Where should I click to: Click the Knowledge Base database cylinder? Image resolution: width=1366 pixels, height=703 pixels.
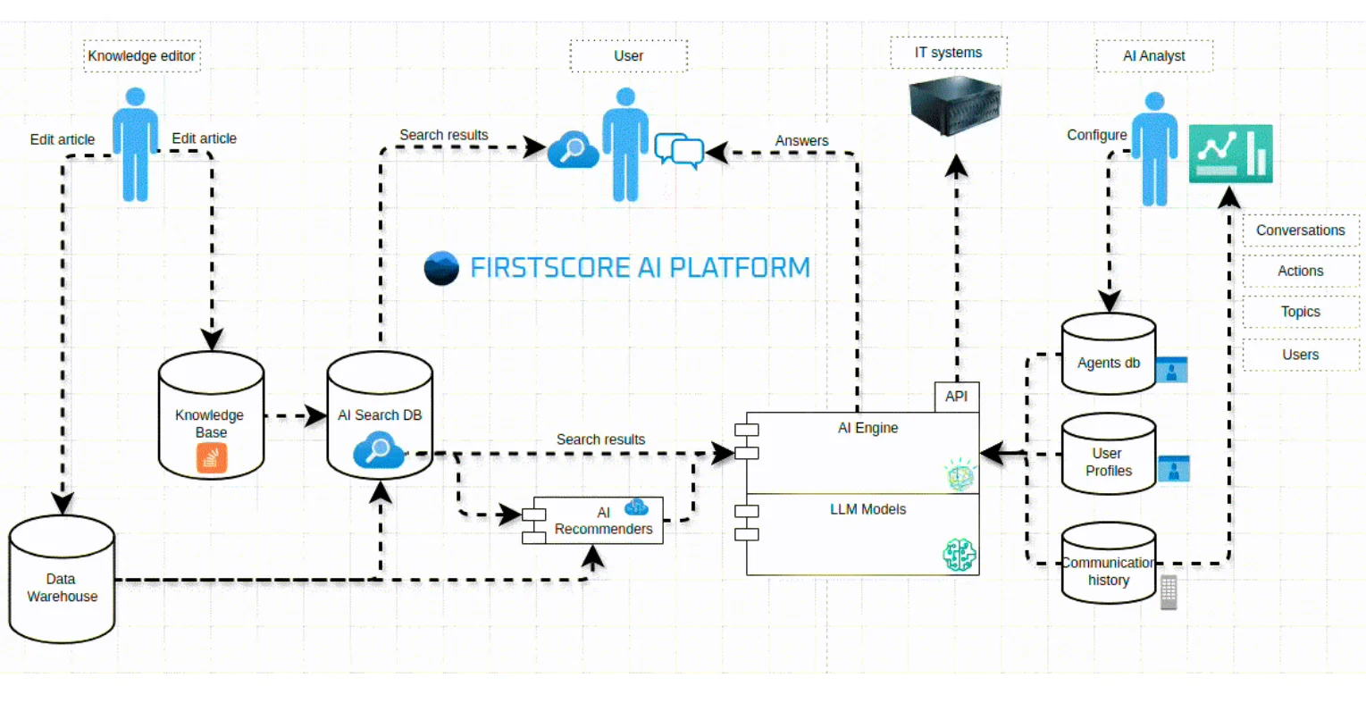coord(211,415)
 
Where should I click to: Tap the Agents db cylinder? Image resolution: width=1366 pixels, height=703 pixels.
coord(1108,355)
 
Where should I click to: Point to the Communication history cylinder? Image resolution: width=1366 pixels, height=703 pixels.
coord(1108,564)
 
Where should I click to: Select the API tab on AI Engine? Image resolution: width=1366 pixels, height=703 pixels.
coord(956,397)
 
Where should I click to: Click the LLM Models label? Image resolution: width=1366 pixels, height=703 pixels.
coord(867,509)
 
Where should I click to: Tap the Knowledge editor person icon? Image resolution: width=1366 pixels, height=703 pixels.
coord(135,144)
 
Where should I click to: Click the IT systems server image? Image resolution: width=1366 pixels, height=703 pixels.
coord(954,106)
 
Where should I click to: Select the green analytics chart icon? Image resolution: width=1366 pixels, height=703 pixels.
coord(1230,154)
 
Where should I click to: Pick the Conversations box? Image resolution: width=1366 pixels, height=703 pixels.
coord(1300,230)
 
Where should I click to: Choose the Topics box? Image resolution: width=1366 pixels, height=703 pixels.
coord(1300,312)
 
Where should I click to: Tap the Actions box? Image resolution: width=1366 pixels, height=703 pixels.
coord(1300,271)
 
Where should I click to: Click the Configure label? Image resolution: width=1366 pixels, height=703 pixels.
coord(1096,135)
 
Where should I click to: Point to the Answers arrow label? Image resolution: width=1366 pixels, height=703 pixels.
coord(801,140)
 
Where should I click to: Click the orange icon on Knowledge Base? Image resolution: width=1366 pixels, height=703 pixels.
coord(212,458)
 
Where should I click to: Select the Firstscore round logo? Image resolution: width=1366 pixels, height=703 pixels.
coord(441,268)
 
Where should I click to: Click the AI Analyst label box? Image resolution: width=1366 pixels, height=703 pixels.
coord(1153,55)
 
